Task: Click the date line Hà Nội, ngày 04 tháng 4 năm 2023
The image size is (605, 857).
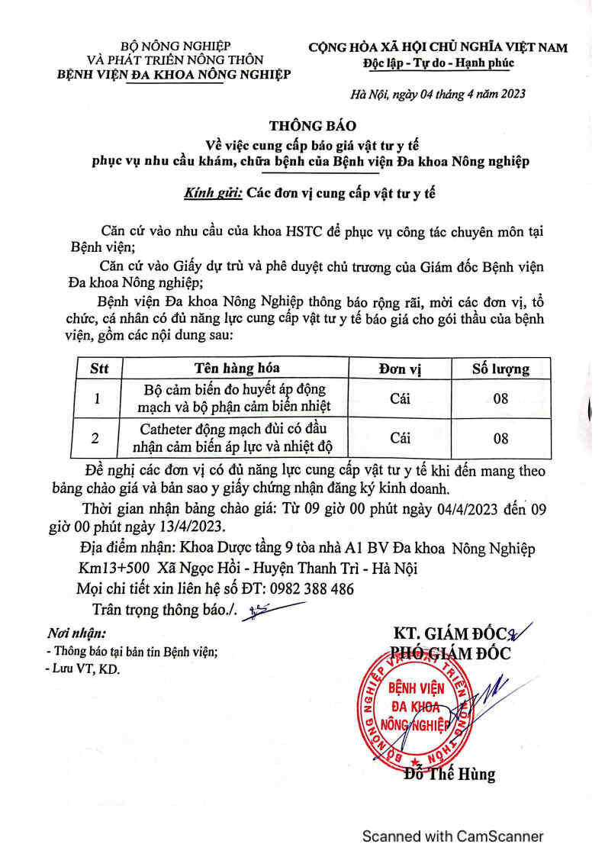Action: click(437, 95)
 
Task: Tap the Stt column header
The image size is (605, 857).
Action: click(99, 369)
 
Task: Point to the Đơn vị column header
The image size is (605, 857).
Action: click(401, 369)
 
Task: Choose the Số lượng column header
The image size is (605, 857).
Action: click(500, 369)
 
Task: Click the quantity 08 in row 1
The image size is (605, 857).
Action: click(500, 398)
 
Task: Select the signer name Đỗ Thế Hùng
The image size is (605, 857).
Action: click(450, 775)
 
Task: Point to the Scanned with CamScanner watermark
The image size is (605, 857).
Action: click(453, 836)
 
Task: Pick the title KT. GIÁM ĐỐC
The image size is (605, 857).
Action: click(449, 635)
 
